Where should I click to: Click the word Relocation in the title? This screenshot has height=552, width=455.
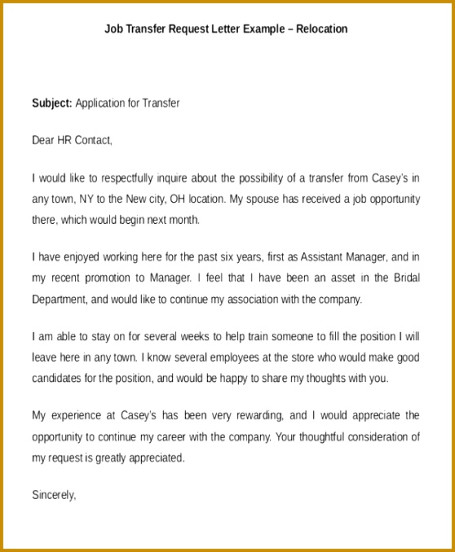coord(323,29)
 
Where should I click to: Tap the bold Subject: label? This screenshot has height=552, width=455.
coord(52,103)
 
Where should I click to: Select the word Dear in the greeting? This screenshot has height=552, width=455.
coord(42,140)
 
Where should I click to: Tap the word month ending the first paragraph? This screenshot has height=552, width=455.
coord(183,220)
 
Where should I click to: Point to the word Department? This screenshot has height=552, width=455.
coord(59,300)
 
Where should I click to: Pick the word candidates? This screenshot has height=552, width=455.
coord(59,378)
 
